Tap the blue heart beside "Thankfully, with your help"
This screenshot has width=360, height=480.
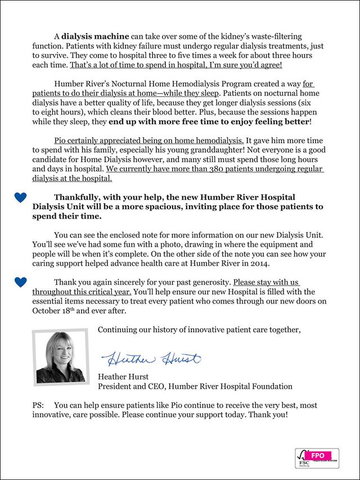point(20,197)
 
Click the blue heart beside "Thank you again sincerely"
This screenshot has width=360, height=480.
point(20,280)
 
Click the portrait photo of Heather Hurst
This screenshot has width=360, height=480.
point(60,357)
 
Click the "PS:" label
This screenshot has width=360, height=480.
point(40,404)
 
